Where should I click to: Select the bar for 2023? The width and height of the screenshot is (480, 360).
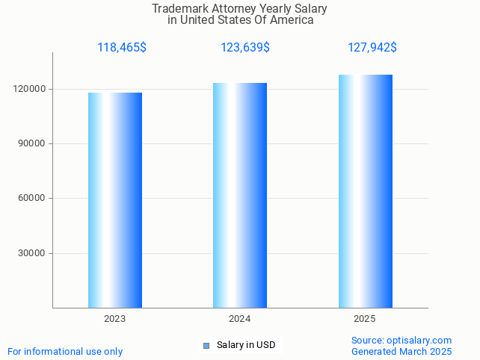[115, 200]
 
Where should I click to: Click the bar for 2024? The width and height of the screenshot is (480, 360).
[240, 195]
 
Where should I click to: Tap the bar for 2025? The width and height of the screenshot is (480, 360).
[365, 191]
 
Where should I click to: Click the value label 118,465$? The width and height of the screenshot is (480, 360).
[122, 48]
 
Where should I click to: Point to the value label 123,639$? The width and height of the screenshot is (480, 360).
[245, 48]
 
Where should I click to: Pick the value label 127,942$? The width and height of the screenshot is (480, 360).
[372, 48]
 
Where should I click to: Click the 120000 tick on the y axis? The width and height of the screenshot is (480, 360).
[31, 89]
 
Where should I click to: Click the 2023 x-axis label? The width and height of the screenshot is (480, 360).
[115, 319]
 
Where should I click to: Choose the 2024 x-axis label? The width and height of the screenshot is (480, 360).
[240, 319]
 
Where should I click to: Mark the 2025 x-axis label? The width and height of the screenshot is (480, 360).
[365, 319]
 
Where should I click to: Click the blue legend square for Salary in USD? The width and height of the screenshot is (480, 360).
[206, 345]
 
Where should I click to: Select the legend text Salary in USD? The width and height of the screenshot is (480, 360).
[246, 345]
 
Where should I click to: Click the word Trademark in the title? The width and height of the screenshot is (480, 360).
[179, 9]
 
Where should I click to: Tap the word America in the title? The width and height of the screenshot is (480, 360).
[292, 20]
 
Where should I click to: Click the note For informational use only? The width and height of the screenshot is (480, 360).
[65, 351]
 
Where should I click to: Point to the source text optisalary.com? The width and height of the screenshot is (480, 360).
[419, 340]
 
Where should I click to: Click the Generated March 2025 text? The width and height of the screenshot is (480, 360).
[401, 351]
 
